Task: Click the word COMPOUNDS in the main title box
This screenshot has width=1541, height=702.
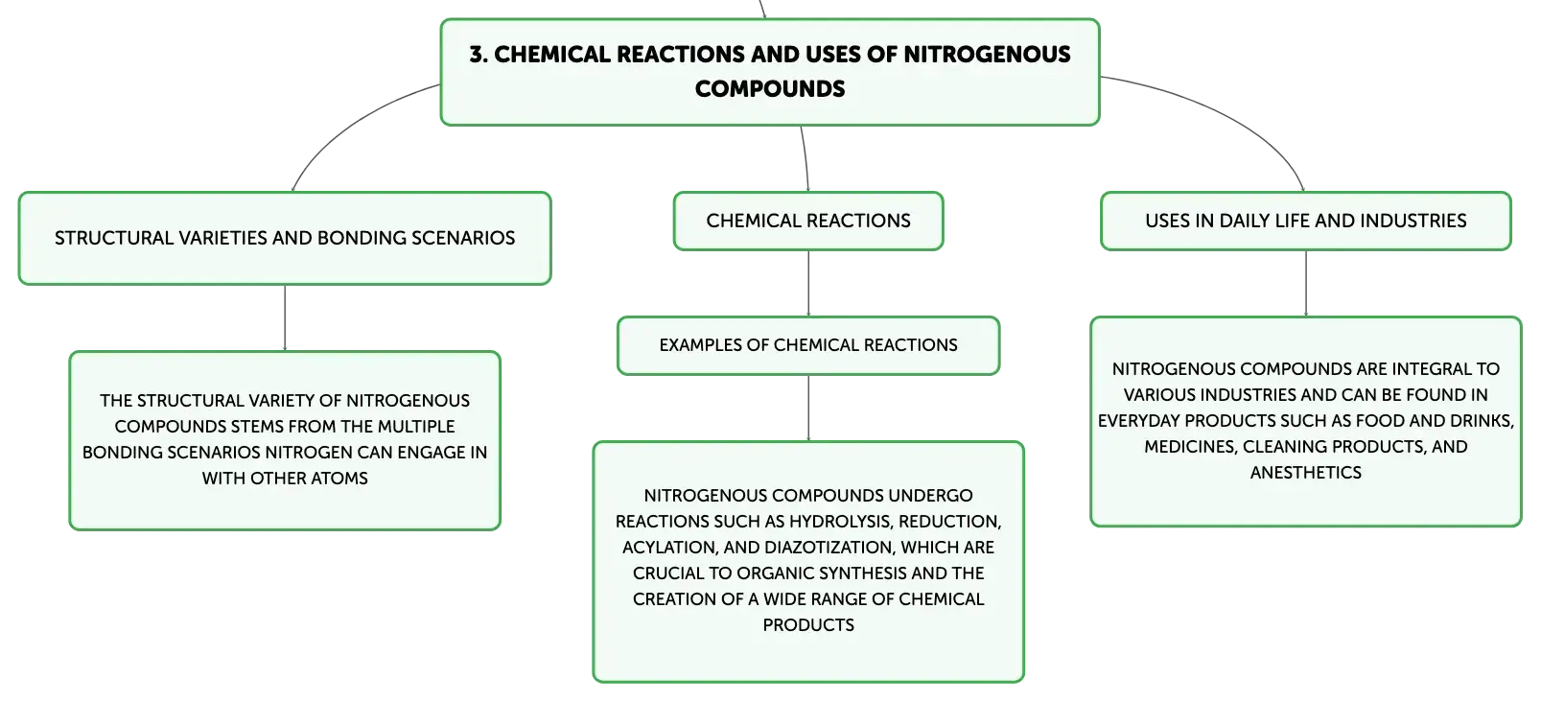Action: click(770, 89)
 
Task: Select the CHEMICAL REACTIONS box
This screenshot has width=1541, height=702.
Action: click(808, 221)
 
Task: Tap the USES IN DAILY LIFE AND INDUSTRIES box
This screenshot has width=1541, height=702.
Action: click(1306, 221)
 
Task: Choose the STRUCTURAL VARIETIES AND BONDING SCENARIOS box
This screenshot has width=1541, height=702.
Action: click(285, 238)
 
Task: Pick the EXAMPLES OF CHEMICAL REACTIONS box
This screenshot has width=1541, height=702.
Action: click(808, 345)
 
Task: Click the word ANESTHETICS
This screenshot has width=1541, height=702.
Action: click(1306, 473)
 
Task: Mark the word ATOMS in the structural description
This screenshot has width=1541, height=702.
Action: click(341, 479)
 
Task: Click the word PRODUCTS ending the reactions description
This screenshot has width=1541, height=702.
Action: click(808, 625)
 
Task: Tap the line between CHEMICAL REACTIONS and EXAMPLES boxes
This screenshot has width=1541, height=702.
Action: click(808, 284)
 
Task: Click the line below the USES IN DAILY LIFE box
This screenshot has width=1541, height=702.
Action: click(1306, 284)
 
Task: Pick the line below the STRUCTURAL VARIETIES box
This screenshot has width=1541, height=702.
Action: click(285, 318)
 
